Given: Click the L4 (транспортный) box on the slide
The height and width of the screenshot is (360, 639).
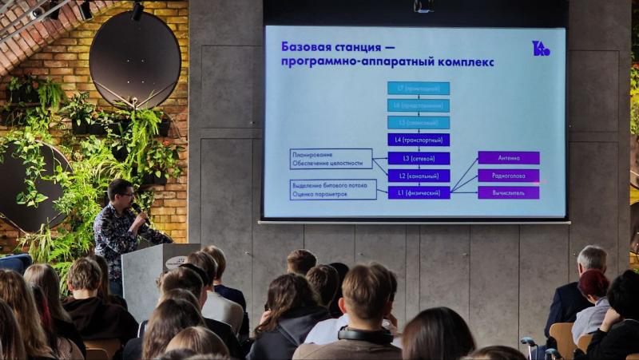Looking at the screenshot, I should click(419, 140).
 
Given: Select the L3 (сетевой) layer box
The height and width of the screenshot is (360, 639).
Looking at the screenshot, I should click(419, 158).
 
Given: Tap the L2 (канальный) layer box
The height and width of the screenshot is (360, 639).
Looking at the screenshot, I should click(419, 176).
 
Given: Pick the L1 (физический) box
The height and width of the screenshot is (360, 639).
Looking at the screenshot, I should click(419, 192).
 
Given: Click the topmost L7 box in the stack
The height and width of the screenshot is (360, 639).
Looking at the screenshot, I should click(419, 88).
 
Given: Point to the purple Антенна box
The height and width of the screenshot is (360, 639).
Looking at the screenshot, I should click(508, 158).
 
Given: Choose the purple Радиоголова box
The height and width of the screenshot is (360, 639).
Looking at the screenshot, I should click(508, 176).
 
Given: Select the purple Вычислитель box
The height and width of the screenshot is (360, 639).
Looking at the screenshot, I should click(508, 192).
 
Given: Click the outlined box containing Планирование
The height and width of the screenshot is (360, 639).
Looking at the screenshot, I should click(331, 158).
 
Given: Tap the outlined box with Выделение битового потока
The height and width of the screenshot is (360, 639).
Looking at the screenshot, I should click(333, 189).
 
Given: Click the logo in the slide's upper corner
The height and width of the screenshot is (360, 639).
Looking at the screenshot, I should click(541, 49).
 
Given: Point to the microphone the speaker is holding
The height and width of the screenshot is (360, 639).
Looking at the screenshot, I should click(137, 209).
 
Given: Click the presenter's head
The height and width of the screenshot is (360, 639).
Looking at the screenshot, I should click(120, 192).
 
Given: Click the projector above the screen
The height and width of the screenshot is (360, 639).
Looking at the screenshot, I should click(423, 6).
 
